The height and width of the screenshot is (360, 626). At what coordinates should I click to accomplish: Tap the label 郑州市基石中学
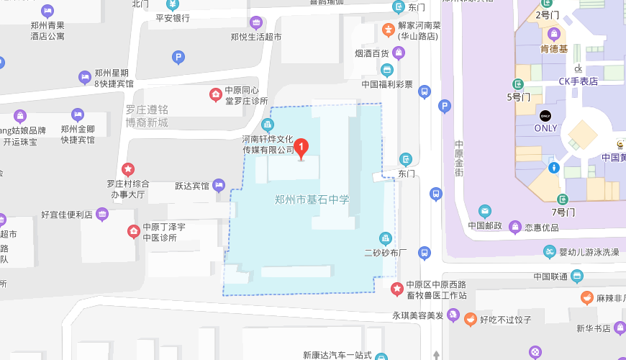pyautogui.click(x=312, y=199)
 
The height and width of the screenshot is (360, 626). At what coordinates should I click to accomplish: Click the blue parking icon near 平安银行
pyautogui.click(x=178, y=57)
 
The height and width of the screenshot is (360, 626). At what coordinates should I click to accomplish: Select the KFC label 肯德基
pyautogui.click(x=554, y=49)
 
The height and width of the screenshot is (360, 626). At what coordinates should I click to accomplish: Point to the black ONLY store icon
pyautogui.click(x=545, y=116)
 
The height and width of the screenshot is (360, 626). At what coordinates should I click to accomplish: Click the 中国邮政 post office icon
pyautogui.click(x=485, y=211)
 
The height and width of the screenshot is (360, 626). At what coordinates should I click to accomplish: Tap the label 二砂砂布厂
pyautogui.click(x=386, y=253)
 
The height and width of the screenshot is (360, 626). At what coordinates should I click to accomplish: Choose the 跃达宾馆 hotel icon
pyautogui.click(x=220, y=186)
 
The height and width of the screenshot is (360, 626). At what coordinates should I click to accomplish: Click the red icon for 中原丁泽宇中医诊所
pyautogui.click(x=134, y=231)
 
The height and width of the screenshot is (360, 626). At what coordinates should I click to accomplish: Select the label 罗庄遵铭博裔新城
pyautogui.click(x=147, y=116)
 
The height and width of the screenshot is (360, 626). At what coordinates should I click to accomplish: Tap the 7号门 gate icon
pyautogui.click(x=563, y=199)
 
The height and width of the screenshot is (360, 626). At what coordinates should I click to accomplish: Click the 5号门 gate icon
pyautogui.click(x=518, y=84)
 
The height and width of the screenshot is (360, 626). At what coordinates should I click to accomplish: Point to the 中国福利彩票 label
pyautogui.click(x=387, y=84)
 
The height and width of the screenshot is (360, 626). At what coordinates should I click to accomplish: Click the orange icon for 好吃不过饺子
pyautogui.click(x=470, y=319)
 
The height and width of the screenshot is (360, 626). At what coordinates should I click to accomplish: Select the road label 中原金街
pyautogui.click(x=459, y=159)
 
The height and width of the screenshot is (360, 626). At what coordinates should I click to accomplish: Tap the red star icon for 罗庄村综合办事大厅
pyautogui.click(x=128, y=169)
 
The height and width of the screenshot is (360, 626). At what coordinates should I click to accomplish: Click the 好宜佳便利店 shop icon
pyautogui.click(x=103, y=214)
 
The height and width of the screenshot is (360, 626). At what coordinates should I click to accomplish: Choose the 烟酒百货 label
pyautogui.click(x=371, y=53)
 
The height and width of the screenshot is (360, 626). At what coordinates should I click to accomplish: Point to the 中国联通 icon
pyautogui.click(x=577, y=276)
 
